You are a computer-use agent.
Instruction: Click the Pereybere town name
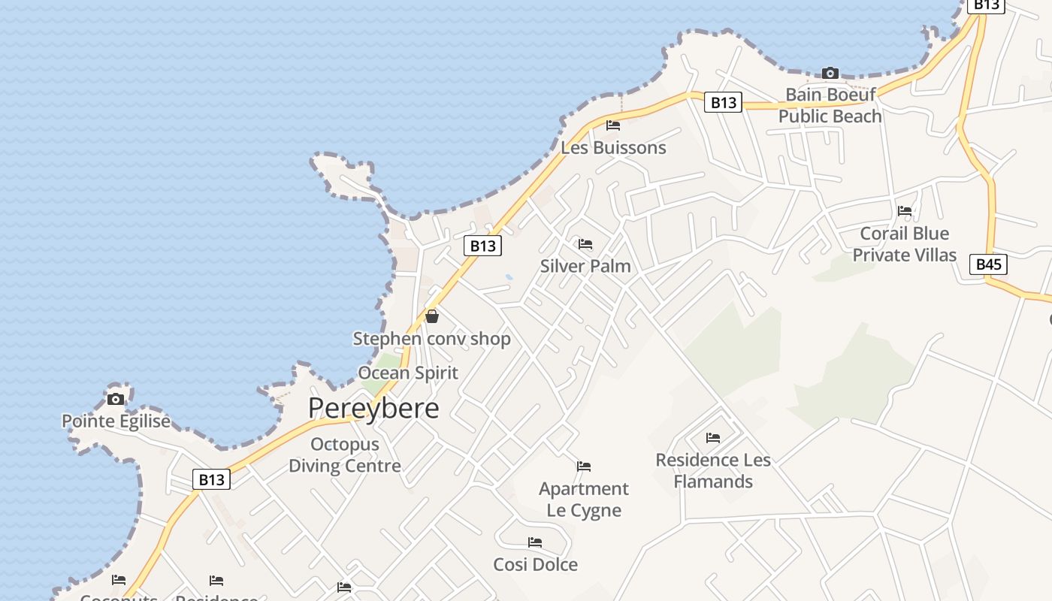(373, 408)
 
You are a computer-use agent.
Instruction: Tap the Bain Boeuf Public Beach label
(830, 105)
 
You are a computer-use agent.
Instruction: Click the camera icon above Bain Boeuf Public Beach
(830, 73)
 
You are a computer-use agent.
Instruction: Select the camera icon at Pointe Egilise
(116, 399)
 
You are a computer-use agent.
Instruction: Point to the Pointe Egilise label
(116, 421)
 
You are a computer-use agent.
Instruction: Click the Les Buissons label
(613, 147)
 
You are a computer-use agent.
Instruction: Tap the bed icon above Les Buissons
(613, 125)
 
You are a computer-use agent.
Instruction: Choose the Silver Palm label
(585, 266)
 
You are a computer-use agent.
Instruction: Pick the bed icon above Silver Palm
(585, 244)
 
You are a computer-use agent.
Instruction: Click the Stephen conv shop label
(432, 339)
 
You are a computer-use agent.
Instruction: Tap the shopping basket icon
(432, 316)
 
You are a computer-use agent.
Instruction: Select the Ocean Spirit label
(408, 373)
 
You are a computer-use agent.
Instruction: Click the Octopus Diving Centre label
(345, 455)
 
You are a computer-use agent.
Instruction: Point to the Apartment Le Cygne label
(584, 500)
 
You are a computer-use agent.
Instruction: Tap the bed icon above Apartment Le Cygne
(584, 467)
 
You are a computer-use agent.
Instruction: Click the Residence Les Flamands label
(713, 470)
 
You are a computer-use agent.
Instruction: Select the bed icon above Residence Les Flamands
(713, 437)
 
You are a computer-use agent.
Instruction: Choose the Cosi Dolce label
(536, 564)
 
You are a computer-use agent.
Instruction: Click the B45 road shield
(988, 264)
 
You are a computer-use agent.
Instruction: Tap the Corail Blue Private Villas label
(905, 244)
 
